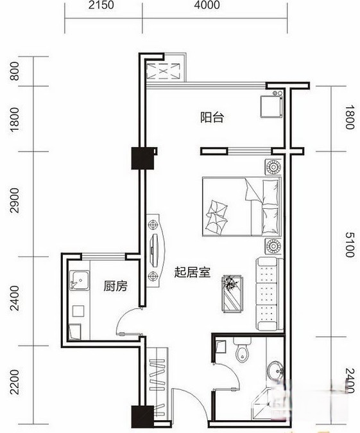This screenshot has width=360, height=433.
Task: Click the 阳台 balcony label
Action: (x=211, y=118)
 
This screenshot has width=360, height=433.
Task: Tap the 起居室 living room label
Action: (x=193, y=272)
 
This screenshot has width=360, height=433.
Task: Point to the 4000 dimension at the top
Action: (x=206, y=6)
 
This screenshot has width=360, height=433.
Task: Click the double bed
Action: (x=242, y=206)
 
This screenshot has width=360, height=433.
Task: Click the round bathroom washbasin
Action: (x=277, y=371)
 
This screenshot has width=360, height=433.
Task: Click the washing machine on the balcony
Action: (x=271, y=107)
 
